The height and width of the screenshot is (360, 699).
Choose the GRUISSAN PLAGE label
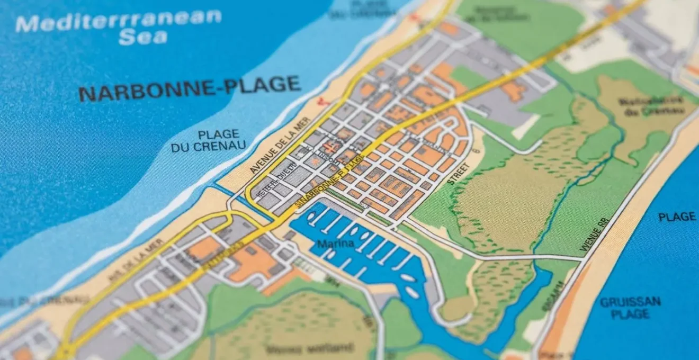point(630,308)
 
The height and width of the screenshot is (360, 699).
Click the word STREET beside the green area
point(456,173)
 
